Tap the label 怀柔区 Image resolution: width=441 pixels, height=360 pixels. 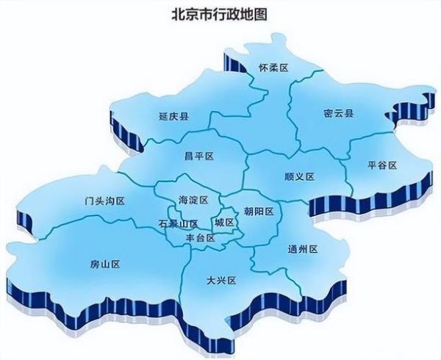coord(272,68)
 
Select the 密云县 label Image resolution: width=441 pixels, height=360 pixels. coord(338,114)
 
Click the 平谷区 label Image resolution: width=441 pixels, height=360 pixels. coord(381,165)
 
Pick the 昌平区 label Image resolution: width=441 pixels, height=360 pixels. coord(198,156)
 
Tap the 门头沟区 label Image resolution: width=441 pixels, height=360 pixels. coord(104,201)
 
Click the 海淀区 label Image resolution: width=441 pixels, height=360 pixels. coord(193,200)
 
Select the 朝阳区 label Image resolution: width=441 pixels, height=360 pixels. coord(258,211)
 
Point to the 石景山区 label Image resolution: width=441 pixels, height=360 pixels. coord(179,223)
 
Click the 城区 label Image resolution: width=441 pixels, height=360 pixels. coord(224,222)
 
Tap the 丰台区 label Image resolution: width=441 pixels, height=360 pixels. coord(200,238)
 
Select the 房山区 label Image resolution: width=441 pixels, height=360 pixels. coord(104,263)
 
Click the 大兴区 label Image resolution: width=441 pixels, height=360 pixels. coord(220,281)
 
